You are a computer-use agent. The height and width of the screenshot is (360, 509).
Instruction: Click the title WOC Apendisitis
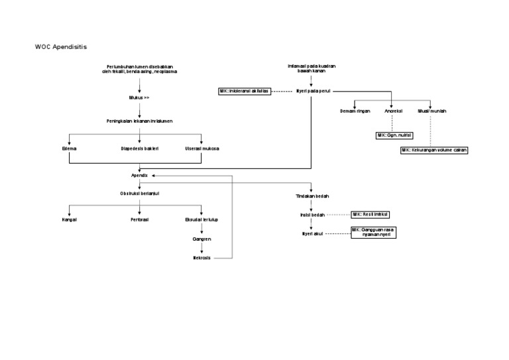(60, 47)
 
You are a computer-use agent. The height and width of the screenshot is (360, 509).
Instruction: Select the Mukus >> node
(139, 97)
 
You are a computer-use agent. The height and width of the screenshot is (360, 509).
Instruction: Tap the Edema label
(69, 149)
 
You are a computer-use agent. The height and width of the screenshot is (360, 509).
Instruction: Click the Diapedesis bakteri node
(139, 149)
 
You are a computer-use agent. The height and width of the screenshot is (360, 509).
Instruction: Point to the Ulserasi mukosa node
(202, 149)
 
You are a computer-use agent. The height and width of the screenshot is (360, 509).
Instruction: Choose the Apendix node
(139, 175)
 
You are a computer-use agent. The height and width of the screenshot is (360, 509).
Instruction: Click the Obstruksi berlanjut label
(139, 193)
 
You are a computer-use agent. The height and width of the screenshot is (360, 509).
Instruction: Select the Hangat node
(69, 218)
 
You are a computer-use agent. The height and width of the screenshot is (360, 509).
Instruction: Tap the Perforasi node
(139, 218)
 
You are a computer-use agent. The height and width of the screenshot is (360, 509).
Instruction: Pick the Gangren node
(202, 238)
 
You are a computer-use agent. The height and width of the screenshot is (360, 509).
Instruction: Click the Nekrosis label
(202, 257)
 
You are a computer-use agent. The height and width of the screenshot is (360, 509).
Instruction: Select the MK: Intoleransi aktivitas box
(245, 91)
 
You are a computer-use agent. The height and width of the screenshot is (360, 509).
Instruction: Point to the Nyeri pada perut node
(313, 91)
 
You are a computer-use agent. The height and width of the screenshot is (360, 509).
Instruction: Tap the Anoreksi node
(394, 111)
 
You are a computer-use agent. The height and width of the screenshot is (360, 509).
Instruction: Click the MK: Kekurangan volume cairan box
(434, 150)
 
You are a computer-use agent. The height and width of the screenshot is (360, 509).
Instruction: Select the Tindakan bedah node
(312, 196)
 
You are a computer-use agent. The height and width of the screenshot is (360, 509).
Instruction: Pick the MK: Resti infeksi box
(371, 215)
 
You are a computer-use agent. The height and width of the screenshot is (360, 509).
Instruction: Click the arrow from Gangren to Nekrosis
(202, 248)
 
